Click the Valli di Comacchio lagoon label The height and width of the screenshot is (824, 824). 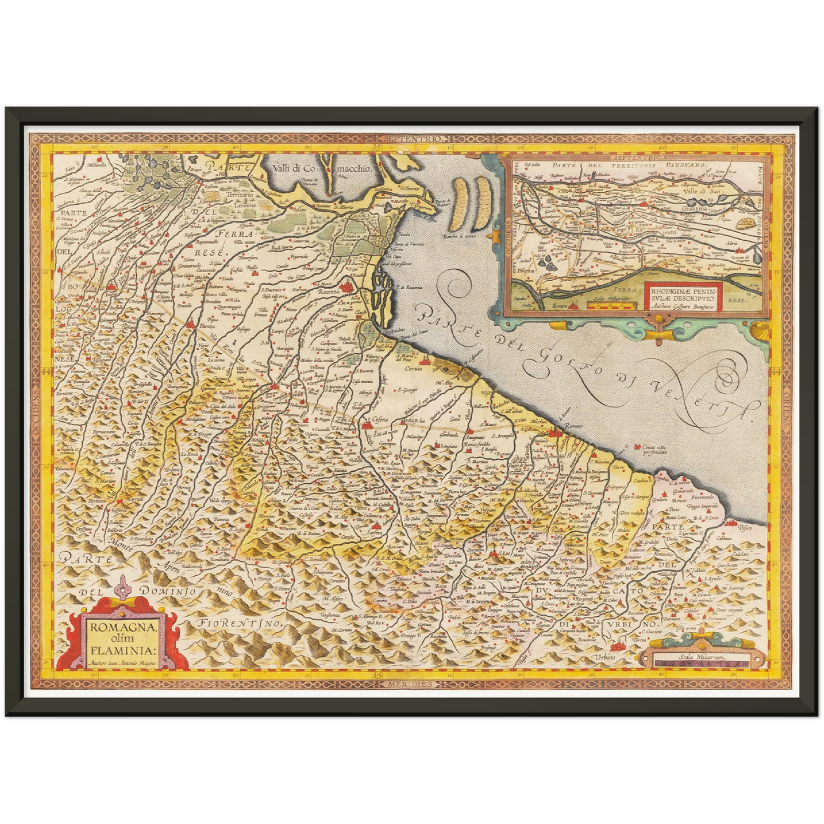pyautogui.click(x=322, y=169)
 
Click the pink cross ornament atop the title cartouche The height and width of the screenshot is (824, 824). pyautogui.click(x=122, y=586)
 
